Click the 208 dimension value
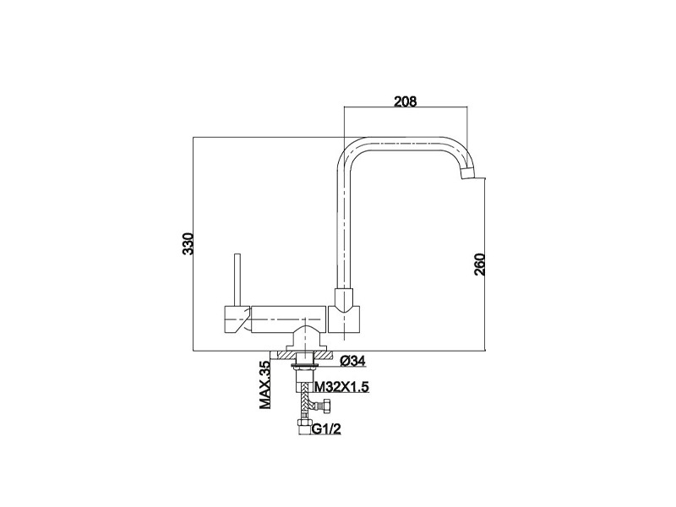[406, 101]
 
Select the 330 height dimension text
[188, 243]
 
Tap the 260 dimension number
[479, 264]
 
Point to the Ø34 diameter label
[352, 361]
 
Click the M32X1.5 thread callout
[342, 387]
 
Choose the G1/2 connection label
[326, 428]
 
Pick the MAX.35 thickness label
[264, 384]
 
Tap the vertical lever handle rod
[237, 281]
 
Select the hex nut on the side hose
[327, 406]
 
